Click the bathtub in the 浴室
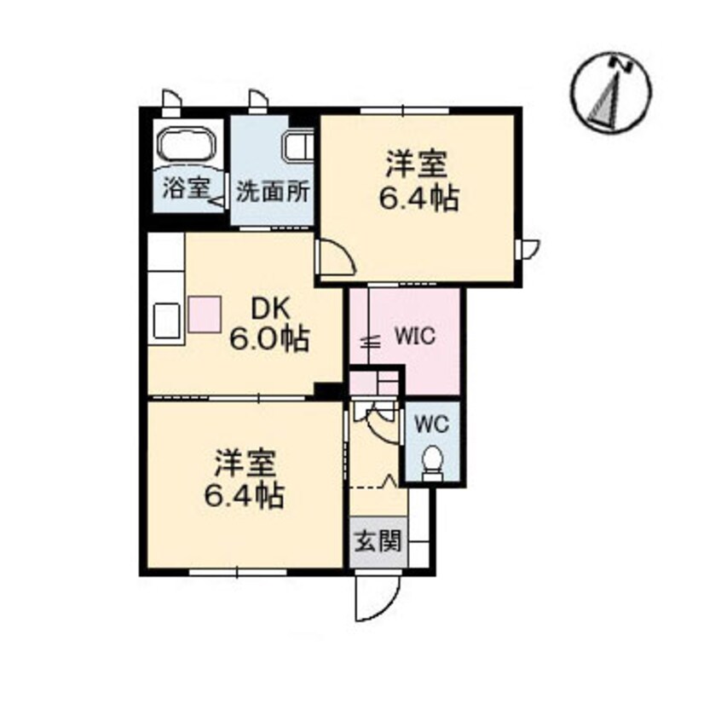click(187, 143)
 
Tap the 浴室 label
click(187, 188)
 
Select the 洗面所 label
click(273, 193)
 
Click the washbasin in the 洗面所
click(299, 146)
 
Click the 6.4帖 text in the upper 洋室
click(418, 199)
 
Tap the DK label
click(270, 311)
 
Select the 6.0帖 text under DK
click(269, 339)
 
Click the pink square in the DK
click(205, 314)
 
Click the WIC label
click(415, 336)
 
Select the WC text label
click(432, 424)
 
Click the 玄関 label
click(378, 541)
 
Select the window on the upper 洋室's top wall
click(404, 110)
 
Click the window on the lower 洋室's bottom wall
click(238, 572)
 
